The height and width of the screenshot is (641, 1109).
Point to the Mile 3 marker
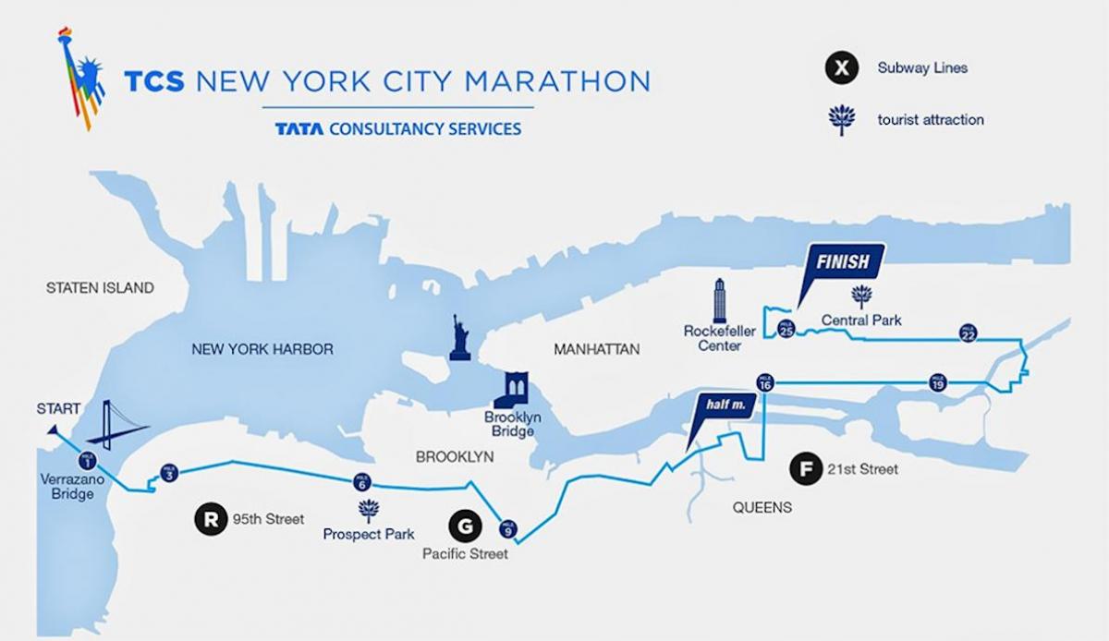(x=167, y=472)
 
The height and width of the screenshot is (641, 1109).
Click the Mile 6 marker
(x=361, y=483)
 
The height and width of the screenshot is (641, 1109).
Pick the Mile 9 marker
(x=507, y=529)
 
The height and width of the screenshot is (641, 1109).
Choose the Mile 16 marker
(x=765, y=382)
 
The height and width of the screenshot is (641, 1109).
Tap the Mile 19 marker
(x=937, y=382)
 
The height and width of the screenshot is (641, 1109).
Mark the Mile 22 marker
(x=968, y=334)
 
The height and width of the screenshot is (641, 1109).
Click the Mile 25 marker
(x=786, y=328)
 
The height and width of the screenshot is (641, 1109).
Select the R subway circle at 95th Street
(x=210, y=519)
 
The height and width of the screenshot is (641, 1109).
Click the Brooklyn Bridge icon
(x=511, y=390)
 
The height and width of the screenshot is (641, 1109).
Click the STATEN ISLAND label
(x=100, y=288)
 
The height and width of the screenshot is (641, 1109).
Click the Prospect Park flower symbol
(x=369, y=510)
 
